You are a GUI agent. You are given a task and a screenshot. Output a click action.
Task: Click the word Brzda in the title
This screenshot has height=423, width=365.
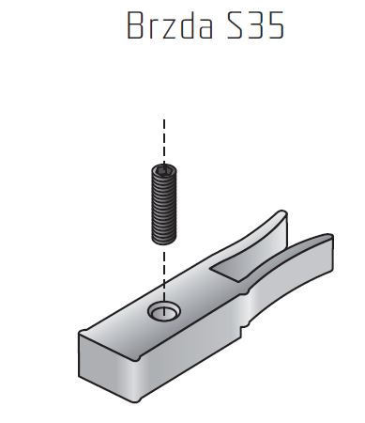tap(170, 25)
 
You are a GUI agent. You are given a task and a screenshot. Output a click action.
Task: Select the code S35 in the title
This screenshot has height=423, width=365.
tap(256, 25)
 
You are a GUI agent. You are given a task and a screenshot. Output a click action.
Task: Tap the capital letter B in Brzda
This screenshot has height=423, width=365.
tap(136, 25)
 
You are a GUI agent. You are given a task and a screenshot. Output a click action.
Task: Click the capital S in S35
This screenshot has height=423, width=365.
tap(236, 25)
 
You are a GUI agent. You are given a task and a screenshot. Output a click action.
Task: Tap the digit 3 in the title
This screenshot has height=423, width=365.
tap(255, 25)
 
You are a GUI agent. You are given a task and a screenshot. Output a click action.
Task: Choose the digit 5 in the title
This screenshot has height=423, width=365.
tap(276, 25)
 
